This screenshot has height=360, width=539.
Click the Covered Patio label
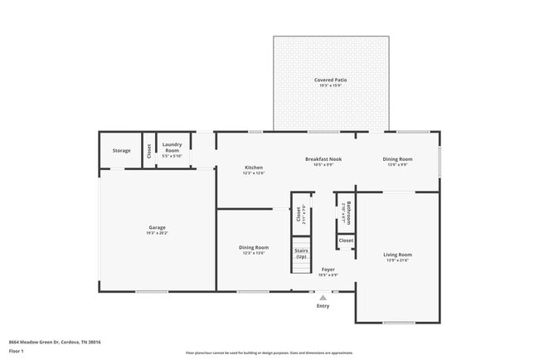coord(330,80)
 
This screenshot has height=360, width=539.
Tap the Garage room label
coord(158,227)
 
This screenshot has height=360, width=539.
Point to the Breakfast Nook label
coord(323,159)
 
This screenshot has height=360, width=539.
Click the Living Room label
coord(398,255)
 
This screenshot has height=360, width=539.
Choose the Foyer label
coord(328,269)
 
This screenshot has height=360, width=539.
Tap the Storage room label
coord(122,150)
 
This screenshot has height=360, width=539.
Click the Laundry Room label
coord(172,146)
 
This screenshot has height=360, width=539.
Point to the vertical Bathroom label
coord(349,213)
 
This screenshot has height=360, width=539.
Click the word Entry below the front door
coord(323,306)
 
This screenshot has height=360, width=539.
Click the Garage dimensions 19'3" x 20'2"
coord(158,233)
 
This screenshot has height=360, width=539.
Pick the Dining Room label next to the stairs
coord(254,247)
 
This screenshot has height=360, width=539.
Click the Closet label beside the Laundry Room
coord(149,151)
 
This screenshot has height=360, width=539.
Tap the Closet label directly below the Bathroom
coord(346,241)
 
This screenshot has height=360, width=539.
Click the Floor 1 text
coord(17,350)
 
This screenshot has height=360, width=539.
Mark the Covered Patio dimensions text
coord(330,85)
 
